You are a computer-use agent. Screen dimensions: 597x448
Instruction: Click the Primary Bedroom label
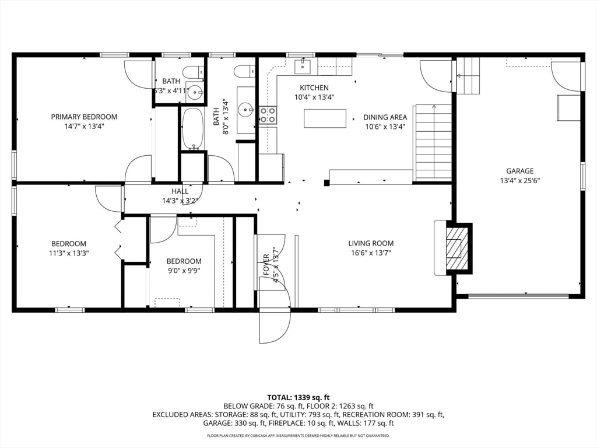pyautogui.click(x=84, y=117)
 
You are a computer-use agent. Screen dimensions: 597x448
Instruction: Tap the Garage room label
pyautogui.click(x=519, y=171)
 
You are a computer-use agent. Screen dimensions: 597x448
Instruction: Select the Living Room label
pyautogui.click(x=371, y=243)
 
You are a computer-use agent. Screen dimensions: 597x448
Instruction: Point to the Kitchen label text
pyautogui.click(x=314, y=87)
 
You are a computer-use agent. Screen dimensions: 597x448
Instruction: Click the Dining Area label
pyautogui.click(x=385, y=117)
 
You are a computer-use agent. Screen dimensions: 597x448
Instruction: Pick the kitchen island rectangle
pyautogui.click(x=325, y=118)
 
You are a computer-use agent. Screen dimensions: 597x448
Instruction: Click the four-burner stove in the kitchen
pyautogui.click(x=268, y=116)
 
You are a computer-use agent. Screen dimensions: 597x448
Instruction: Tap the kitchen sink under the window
pyautogui.click(x=303, y=66)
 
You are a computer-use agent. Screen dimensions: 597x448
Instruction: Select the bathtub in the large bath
pyautogui.click(x=194, y=129)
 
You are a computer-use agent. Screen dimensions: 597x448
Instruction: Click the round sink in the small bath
pyautogui.click(x=196, y=92)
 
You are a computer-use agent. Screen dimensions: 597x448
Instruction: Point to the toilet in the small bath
pyautogui.click(x=192, y=72)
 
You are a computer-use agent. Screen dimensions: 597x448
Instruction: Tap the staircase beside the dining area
pyautogui.click(x=433, y=143)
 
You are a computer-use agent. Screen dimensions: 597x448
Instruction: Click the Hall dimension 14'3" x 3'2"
pyautogui.click(x=180, y=201)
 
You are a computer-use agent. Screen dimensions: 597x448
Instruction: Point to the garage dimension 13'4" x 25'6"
pyautogui.click(x=519, y=181)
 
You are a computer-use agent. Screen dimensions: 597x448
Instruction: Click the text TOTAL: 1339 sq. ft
pyautogui.click(x=298, y=398)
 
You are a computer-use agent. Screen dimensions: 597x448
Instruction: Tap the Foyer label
pyautogui.click(x=266, y=264)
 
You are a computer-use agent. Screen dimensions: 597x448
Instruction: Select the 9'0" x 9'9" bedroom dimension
pyautogui.click(x=184, y=271)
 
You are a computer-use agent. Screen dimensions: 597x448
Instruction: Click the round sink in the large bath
pyautogui.click(x=246, y=110)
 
